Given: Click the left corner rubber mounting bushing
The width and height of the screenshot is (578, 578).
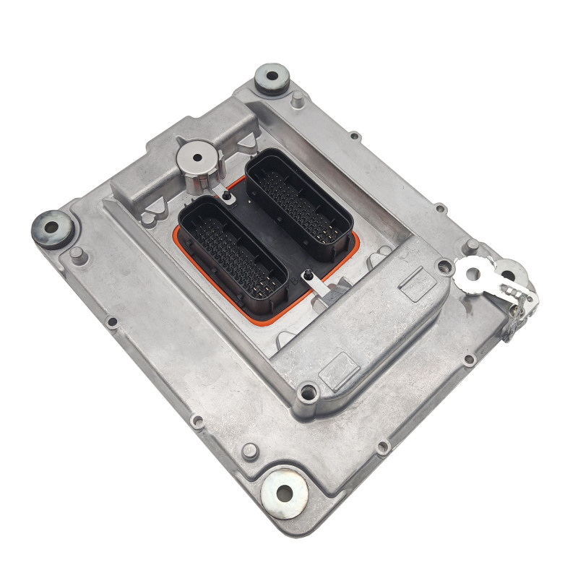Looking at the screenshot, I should pos(51,228).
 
